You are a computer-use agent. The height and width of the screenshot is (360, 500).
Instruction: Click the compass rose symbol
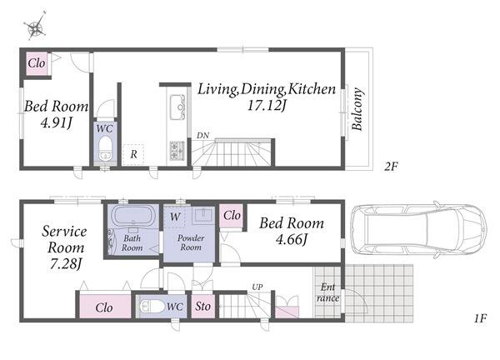click(x=35, y=27)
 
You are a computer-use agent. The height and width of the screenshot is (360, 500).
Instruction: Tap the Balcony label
click(x=357, y=108)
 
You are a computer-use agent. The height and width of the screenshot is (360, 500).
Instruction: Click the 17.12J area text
click(x=267, y=105)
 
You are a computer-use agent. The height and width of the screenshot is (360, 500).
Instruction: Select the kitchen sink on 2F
click(x=177, y=107)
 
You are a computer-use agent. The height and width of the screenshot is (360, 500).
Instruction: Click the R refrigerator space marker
click(x=133, y=154)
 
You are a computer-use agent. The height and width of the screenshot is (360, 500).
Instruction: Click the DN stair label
click(x=202, y=136)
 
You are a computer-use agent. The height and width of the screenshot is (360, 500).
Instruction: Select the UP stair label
click(x=257, y=287)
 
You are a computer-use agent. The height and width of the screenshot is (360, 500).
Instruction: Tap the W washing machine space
click(x=175, y=217)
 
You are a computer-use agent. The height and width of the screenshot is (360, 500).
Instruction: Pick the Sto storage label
click(x=202, y=307)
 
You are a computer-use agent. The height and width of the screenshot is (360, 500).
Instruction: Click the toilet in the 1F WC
click(x=152, y=307)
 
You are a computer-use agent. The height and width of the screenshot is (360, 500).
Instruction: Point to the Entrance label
click(x=327, y=292)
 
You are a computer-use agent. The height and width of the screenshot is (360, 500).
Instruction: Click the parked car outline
click(x=418, y=229)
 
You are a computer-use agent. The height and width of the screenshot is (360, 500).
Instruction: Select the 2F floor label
click(x=391, y=167)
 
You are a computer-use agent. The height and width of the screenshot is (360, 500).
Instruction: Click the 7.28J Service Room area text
click(x=66, y=263)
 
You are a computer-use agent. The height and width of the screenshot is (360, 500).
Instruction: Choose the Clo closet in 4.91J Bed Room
click(x=37, y=63)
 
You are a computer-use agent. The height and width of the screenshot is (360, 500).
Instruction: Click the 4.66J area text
click(x=292, y=239)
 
